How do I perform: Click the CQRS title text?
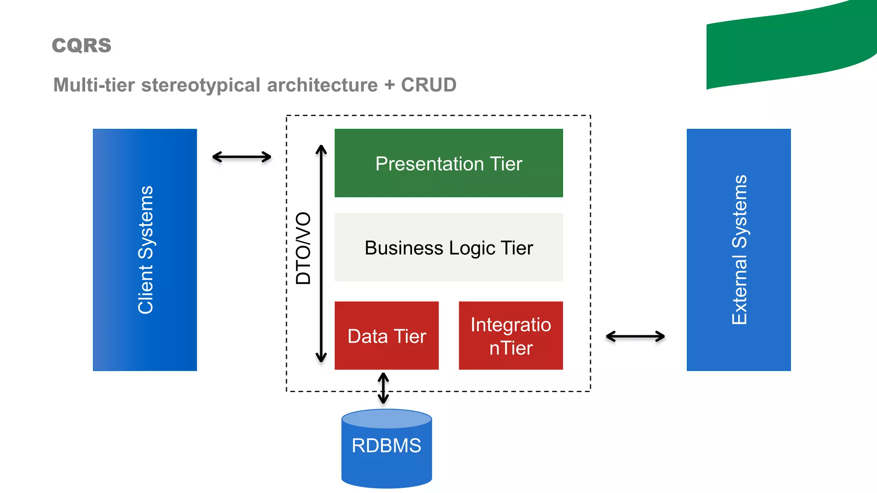point(81,45)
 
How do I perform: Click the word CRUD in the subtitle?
point(429,85)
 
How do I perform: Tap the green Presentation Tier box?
point(448,163)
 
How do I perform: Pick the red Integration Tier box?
point(510,336)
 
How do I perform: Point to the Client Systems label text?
point(145,250)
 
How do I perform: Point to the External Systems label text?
point(739,250)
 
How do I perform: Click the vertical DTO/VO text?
point(303,248)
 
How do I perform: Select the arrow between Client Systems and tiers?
point(242,157)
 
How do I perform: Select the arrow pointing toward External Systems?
point(635,337)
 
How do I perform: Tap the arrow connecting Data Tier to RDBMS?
point(383,388)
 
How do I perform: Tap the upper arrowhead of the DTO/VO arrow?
point(321,148)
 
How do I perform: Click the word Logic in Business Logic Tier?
point(472,248)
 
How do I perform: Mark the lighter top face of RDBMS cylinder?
point(386,418)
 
